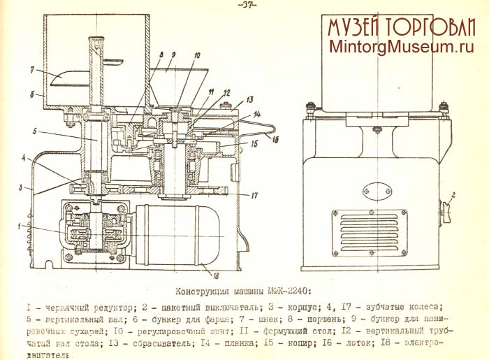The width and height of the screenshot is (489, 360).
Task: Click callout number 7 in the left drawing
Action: pyautogui.click(x=31, y=71)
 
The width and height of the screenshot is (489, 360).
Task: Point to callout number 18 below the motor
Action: pyautogui.click(x=204, y=275)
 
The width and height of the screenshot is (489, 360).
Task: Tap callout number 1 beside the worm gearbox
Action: pyautogui.click(x=20, y=226)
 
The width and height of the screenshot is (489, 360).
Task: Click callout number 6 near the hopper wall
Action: pyautogui.click(x=31, y=93)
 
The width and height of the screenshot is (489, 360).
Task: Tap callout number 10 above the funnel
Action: pyautogui.click(x=198, y=55)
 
